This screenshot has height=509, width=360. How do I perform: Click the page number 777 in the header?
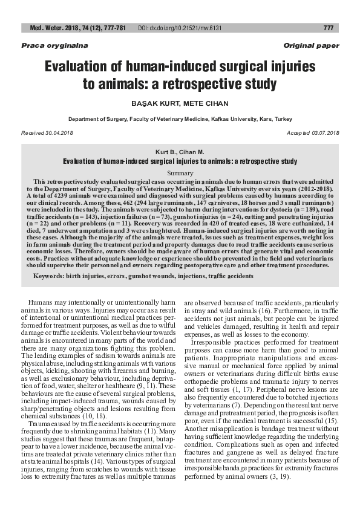click(329, 28)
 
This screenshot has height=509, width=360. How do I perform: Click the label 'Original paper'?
click(311, 45)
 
